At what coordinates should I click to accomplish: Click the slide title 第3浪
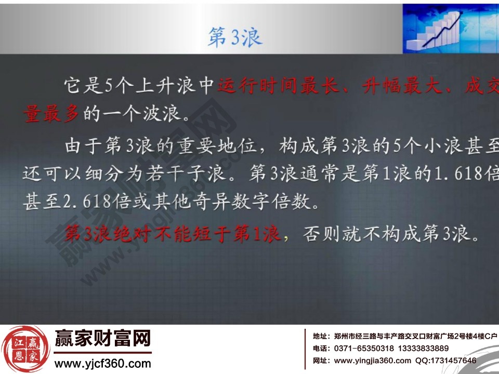coord(235,37)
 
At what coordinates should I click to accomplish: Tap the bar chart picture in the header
coord(451,29)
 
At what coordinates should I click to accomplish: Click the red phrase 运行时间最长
coord(278,86)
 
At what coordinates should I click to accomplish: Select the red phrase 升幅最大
coord(402,86)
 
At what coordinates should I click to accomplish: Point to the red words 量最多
coord(50,114)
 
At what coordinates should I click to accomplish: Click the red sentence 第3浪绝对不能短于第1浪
coord(172,234)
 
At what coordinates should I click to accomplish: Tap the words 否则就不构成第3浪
coord(391,234)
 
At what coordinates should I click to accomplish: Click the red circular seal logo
coord(25,349)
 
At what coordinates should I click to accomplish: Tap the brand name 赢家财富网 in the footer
coord(103,338)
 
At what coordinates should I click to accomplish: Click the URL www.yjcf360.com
coord(102,364)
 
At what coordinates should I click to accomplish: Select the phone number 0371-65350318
coord(364,348)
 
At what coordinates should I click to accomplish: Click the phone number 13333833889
coord(423,348)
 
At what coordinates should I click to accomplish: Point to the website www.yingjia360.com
coord(372,360)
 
